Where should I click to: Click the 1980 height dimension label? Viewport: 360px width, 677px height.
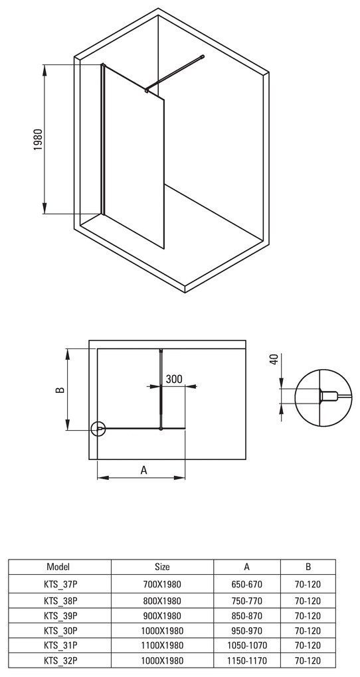click(x=38, y=140)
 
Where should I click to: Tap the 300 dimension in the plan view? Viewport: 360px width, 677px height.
click(x=174, y=379)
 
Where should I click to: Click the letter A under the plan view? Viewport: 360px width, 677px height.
click(x=143, y=471)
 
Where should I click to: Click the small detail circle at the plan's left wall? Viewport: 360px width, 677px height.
click(x=99, y=429)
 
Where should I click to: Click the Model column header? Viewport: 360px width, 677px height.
click(x=59, y=567)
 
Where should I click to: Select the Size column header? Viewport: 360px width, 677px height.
click(x=161, y=567)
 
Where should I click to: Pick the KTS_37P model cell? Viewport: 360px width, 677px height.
click(x=59, y=583)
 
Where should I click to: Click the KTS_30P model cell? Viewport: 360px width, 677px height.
click(x=59, y=630)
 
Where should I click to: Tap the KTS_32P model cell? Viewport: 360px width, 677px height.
click(x=59, y=660)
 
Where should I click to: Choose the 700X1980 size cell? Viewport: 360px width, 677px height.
click(x=161, y=583)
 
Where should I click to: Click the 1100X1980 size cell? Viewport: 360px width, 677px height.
click(x=161, y=645)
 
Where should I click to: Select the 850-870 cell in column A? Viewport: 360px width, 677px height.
click(x=246, y=615)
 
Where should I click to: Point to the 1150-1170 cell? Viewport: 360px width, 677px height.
click(x=246, y=660)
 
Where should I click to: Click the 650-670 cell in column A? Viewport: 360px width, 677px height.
click(x=246, y=583)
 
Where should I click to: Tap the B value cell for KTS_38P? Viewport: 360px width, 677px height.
click(x=307, y=599)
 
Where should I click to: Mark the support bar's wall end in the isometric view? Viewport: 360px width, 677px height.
click(x=202, y=57)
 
